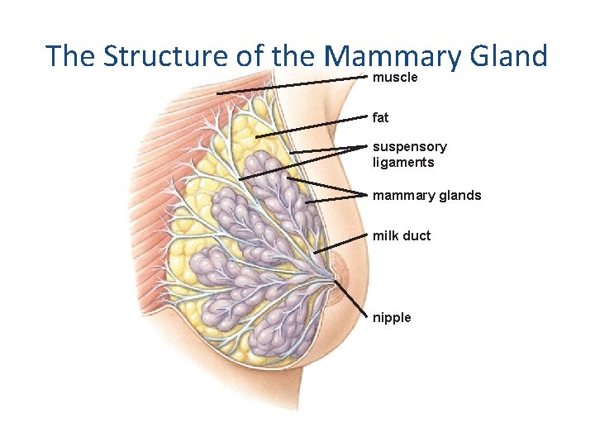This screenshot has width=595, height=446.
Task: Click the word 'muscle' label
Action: pos(395,78)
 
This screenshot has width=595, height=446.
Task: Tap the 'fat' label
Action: pos(380,118)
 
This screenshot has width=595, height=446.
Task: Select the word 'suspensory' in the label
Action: pos(410,147)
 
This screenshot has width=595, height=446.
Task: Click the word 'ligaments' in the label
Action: pos(403,163)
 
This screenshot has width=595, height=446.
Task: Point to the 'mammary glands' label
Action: pos(426,196)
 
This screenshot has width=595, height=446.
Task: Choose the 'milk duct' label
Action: pos(402,236)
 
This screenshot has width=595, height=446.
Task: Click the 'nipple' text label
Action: pos(392,318)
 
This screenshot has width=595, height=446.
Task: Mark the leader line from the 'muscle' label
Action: pos(289,85)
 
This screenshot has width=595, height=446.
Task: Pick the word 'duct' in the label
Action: pos(416,236)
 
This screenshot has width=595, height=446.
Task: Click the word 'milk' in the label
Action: pos(386,236)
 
